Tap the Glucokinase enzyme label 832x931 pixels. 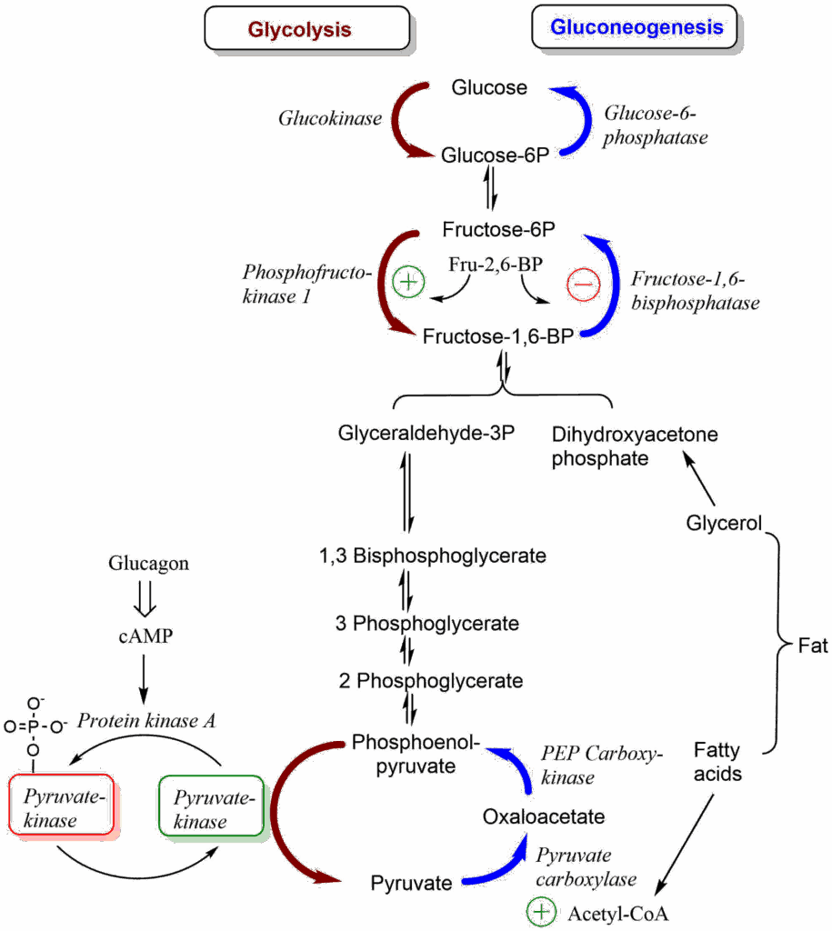tap(329, 118)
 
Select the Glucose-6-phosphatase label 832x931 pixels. tap(655, 125)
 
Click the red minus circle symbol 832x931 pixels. tap(583, 285)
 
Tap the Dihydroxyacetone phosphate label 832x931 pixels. tap(634, 445)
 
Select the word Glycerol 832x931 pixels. tap(724, 524)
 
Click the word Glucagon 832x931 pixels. tap(148, 563)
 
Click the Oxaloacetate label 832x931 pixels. tap(544, 816)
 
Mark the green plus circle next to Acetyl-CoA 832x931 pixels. tap(541, 911)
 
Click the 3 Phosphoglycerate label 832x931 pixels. tap(426, 624)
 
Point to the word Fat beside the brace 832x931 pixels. tap(814, 646)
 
